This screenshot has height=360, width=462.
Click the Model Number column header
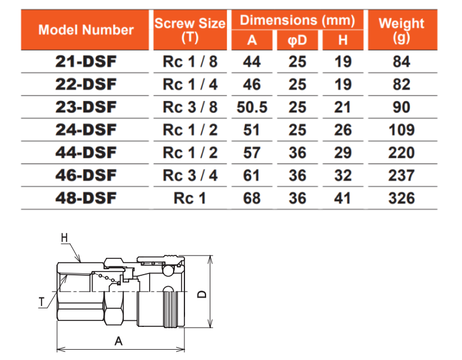pos(86,30)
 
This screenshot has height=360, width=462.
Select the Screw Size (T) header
pos(190,30)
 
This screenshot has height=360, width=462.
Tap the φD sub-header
pos(297,40)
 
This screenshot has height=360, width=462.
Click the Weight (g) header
pos(401,30)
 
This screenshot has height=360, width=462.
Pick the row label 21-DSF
pos(86,62)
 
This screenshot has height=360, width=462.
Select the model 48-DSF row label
pos(86,198)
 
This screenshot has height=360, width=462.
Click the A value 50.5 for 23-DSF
pos(252,107)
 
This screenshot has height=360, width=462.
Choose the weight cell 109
pos(401,130)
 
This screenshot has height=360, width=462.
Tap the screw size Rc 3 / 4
pos(190,175)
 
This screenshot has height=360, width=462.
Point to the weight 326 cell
pos(401,198)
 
